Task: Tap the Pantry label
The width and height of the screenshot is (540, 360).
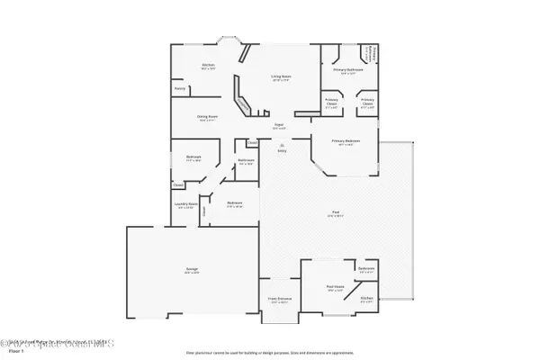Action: pos(180,88)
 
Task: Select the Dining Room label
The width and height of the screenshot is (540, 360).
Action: pos(208,116)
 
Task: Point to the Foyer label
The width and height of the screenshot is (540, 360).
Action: pos(280,125)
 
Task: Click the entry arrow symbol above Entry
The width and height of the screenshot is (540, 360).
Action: pos(281,144)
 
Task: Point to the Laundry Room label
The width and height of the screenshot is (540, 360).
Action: pos(186,204)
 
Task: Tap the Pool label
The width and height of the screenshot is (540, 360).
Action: pos(333,213)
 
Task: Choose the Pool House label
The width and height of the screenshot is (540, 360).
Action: pos(335,289)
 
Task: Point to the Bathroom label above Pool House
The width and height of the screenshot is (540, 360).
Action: pos(365,268)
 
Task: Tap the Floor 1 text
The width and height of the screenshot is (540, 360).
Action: pos(15,352)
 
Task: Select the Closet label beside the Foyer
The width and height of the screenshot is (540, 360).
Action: pos(252,141)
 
